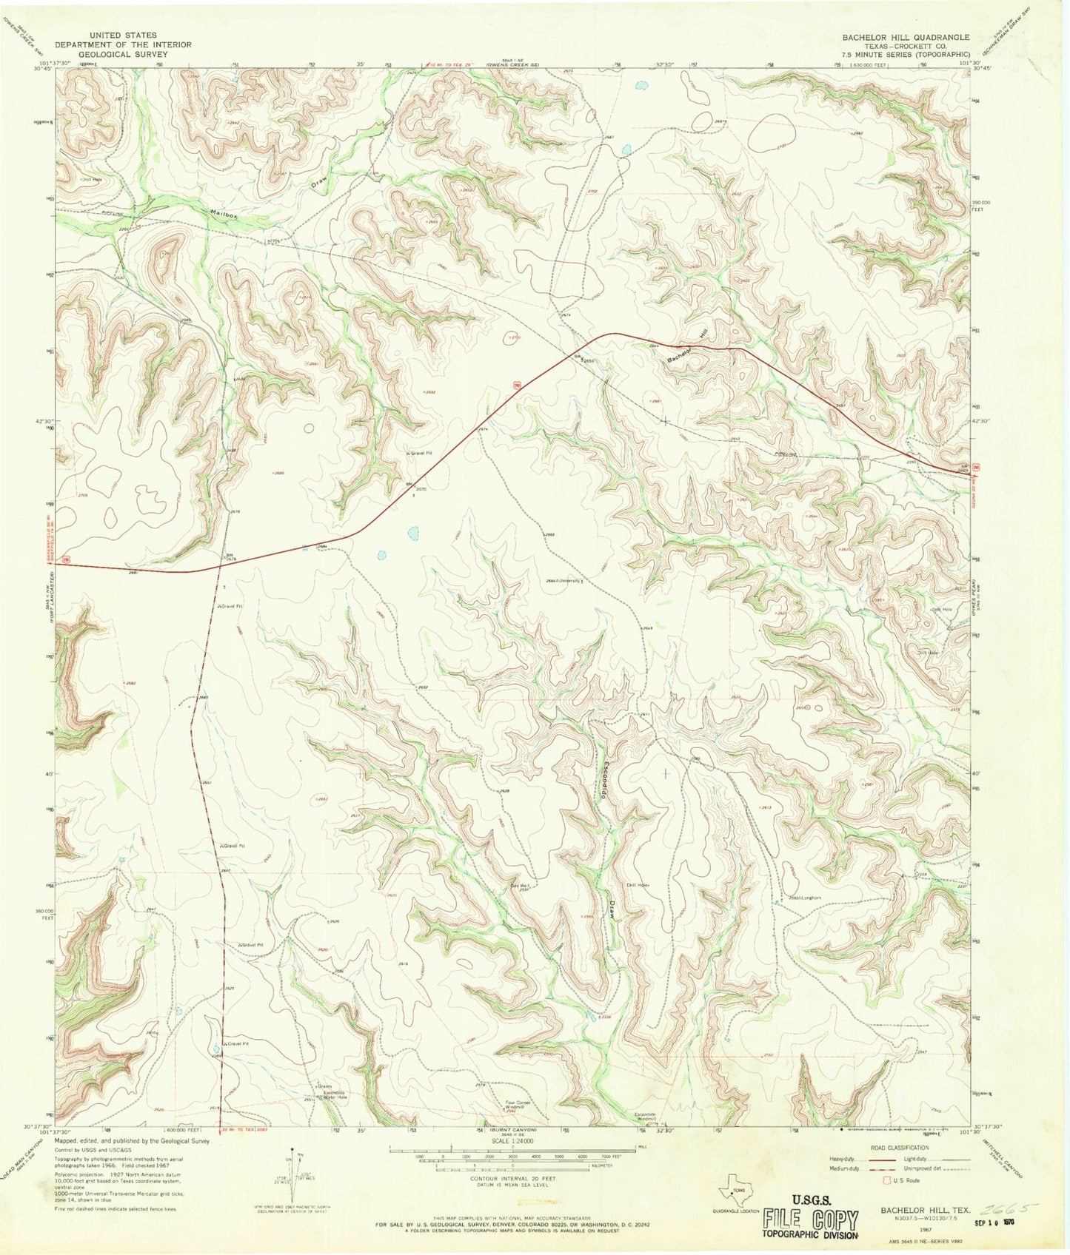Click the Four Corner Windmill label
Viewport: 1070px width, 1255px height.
click(521, 1106)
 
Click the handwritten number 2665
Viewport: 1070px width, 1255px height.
click(1010, 1208)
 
